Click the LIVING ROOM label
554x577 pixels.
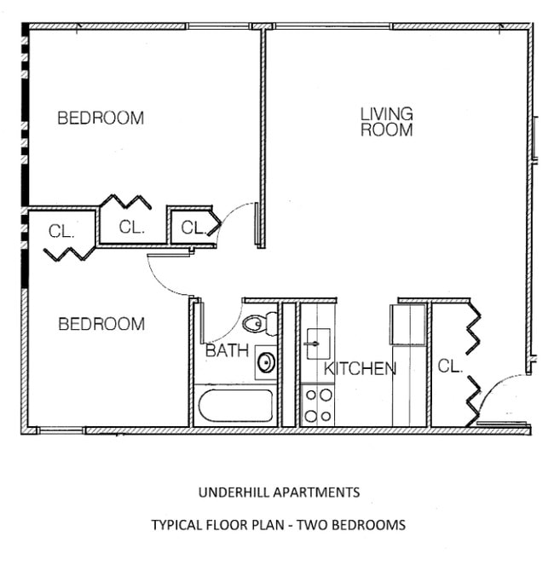click(x=386, y=122)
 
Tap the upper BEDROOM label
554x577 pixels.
click(x=101, y=118)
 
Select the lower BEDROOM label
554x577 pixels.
click(x=101, y=324)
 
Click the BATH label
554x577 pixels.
click(x=227, y=350)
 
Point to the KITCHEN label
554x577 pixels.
click(x=360, y=369)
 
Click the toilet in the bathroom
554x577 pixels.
click(x=259, y=324)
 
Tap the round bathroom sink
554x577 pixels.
click(x=266, y=363)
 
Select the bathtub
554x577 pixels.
click(x=235, y=407)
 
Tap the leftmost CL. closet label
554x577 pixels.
click(x=61, y=231)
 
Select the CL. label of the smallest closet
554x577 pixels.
click(x=193, y=228)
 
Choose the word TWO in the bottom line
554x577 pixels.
click(x=326, y=525)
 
